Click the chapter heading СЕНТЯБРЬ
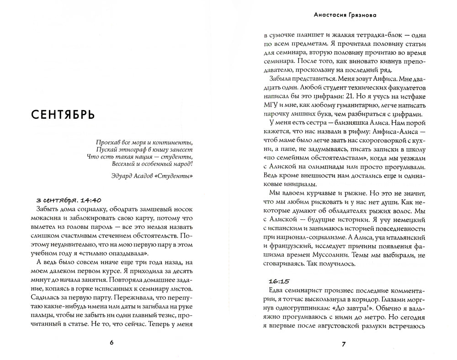tap(64, 115)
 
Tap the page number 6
tap(112, 343)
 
